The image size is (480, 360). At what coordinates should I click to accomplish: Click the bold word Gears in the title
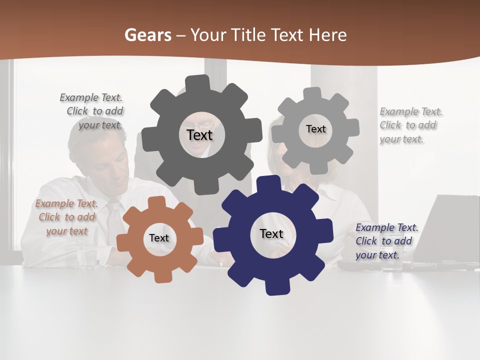[x=147, y=35]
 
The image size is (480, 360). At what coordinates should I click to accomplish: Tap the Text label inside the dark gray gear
[x=199, y=135]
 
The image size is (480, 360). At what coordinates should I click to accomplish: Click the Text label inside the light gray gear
[x=315, y=129]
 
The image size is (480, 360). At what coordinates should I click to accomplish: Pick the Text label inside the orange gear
[x=159, y=238]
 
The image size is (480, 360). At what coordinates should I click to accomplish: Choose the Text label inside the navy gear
[x=271, y=233]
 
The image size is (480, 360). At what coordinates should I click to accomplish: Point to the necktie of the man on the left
[x=116, y=220]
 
